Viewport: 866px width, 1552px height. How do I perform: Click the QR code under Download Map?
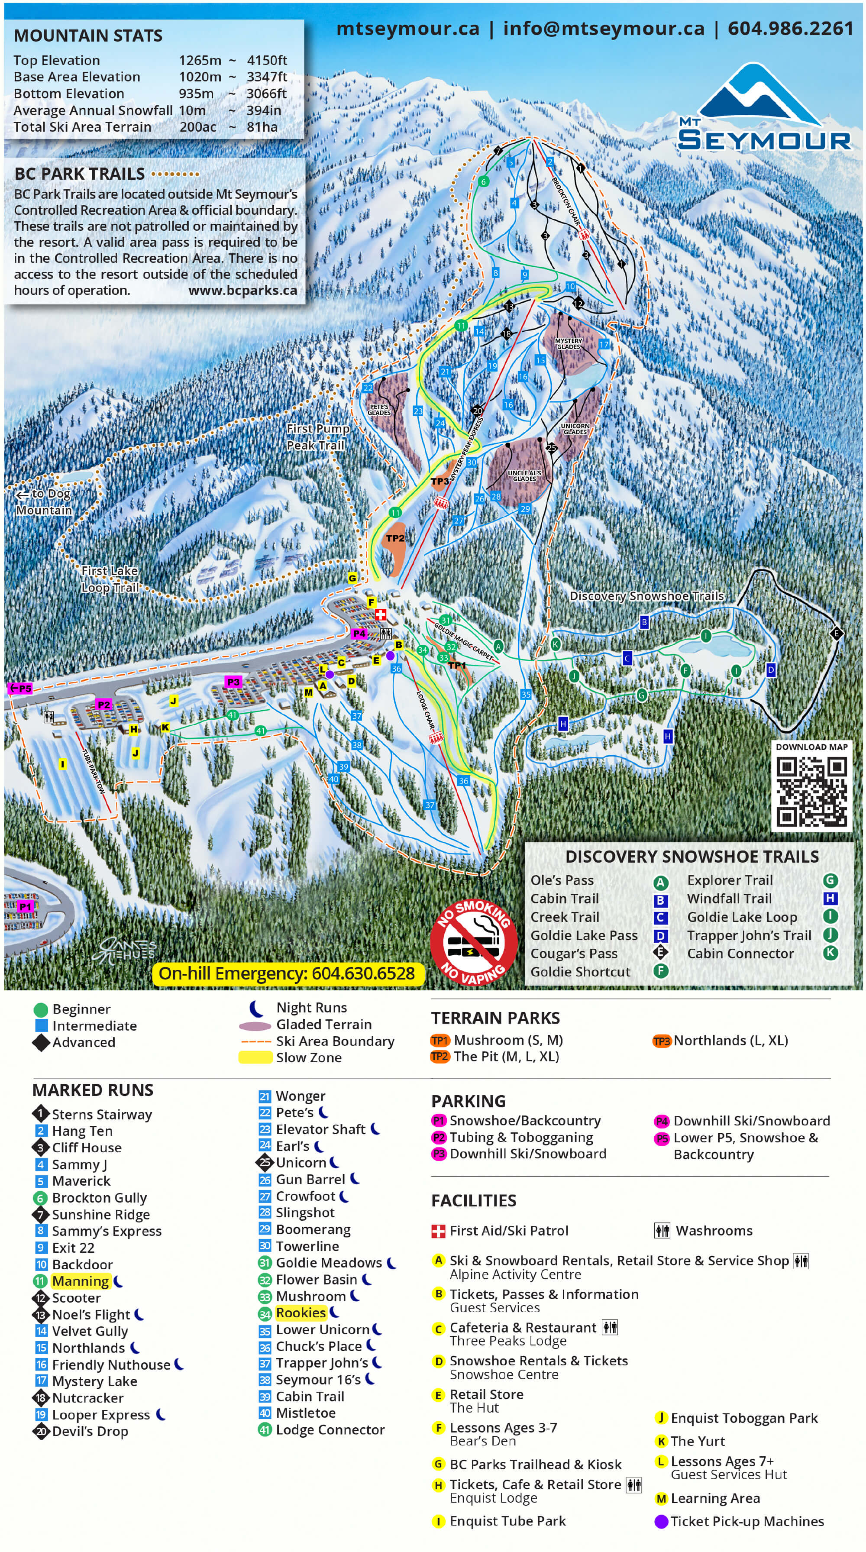click(x=811, y=791)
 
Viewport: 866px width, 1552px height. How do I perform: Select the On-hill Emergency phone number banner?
click(x=287, y=973)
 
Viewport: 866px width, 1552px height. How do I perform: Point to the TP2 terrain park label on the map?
click(x=395, y=538)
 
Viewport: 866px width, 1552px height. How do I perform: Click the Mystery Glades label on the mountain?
click(x=568, y=343)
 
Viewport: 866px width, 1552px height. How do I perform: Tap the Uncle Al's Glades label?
click(x=523, y=476)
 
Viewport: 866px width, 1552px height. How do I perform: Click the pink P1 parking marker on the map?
click(x=25, y=906)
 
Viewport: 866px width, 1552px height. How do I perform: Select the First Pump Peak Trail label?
click(x=317, y=437)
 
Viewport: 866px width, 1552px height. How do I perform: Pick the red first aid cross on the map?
click(x=381, y=614)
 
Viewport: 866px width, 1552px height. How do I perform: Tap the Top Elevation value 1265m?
click(x=200, y=60)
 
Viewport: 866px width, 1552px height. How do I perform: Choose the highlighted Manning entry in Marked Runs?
click(x=80, y=1281)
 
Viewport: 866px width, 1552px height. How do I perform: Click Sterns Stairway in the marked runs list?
click(x=101, y=1114)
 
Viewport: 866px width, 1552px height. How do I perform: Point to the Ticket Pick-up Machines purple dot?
click(x=661, y=1521)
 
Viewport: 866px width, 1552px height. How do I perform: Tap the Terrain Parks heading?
click(x=495, y=1018)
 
